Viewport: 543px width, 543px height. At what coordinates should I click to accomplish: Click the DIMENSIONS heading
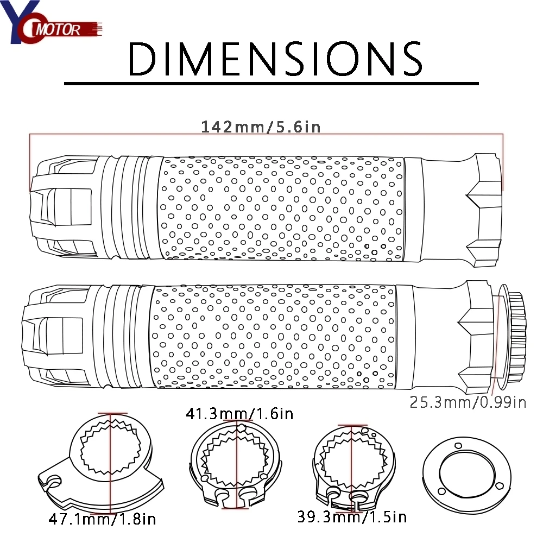(275, 59)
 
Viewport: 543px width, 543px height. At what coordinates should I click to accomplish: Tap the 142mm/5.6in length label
(261, 127)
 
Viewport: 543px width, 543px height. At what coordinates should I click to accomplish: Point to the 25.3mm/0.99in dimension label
(468, 402)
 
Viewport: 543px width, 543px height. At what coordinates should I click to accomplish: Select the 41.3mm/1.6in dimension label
(239, 413)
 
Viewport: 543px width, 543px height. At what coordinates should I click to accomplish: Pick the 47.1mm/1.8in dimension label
(102, 519)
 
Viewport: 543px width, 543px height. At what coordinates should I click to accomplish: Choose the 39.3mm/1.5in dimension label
(352, 517)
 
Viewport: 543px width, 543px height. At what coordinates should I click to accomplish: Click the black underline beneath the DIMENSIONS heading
(271, 84)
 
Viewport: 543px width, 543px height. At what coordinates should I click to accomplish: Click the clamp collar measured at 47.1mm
(100, 464)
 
